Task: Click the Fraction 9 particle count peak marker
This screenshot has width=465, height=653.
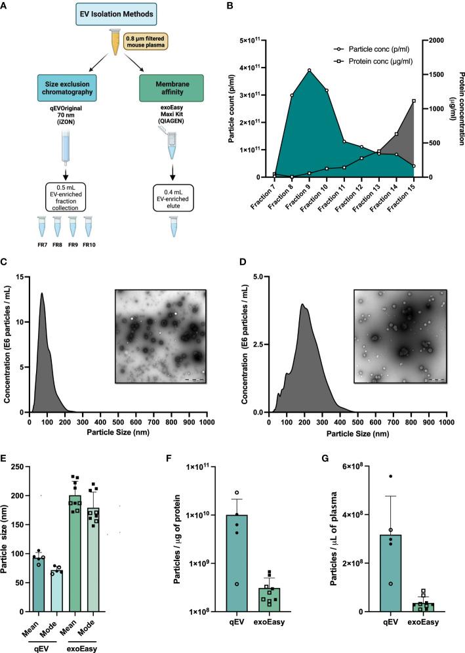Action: point(309,71)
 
